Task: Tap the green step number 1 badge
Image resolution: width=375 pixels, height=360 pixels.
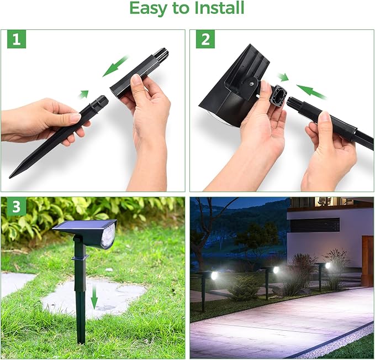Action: pos(16,39)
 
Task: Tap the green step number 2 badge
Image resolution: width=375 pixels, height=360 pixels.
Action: pos(205,39)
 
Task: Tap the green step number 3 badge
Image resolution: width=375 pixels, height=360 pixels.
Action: pos(16,207)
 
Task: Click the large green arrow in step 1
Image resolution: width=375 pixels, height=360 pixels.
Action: pos(115,66)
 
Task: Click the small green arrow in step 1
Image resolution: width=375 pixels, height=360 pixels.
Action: pos(83,94)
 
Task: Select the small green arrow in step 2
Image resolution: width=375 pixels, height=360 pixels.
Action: pos(283,77)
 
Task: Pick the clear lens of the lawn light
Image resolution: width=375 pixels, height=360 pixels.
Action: pos(108,236)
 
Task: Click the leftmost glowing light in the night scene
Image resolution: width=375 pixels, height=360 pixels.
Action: pos(214,275)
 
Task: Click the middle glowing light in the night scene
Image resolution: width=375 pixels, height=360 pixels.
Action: pos(276,270)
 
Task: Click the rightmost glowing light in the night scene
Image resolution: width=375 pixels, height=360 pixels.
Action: pos(328,266)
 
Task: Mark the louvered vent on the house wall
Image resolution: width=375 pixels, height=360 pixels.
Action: pos(315,225)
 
